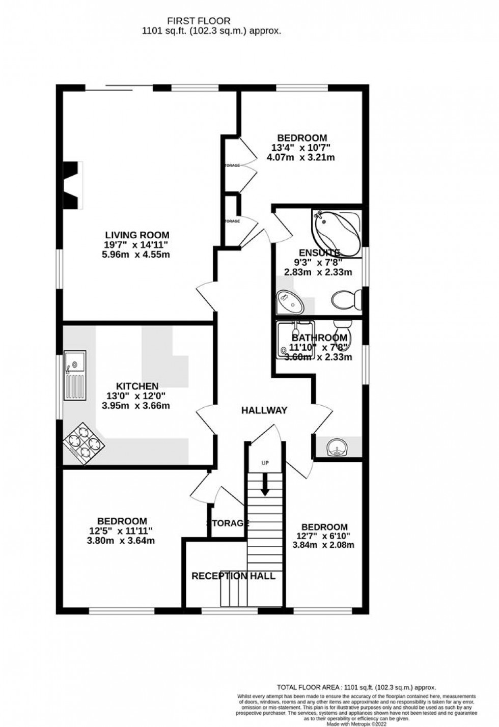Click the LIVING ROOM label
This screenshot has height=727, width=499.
(137, 235)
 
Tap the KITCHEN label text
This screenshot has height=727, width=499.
(137, 386)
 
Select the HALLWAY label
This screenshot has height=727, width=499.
(264, 410)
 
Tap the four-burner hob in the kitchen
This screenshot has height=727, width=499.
(84, 444)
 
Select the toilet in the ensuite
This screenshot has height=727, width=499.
(348, 298)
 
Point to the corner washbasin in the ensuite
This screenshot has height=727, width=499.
(290, 303)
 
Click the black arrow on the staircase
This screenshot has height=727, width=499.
(265, 485)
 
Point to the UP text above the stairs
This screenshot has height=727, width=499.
(265, 463)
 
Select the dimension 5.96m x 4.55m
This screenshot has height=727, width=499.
(136, 254)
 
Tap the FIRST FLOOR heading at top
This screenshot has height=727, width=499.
(199, 21)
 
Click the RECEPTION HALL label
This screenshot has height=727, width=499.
(233, 576)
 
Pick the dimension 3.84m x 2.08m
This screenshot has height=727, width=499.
(323, 545)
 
